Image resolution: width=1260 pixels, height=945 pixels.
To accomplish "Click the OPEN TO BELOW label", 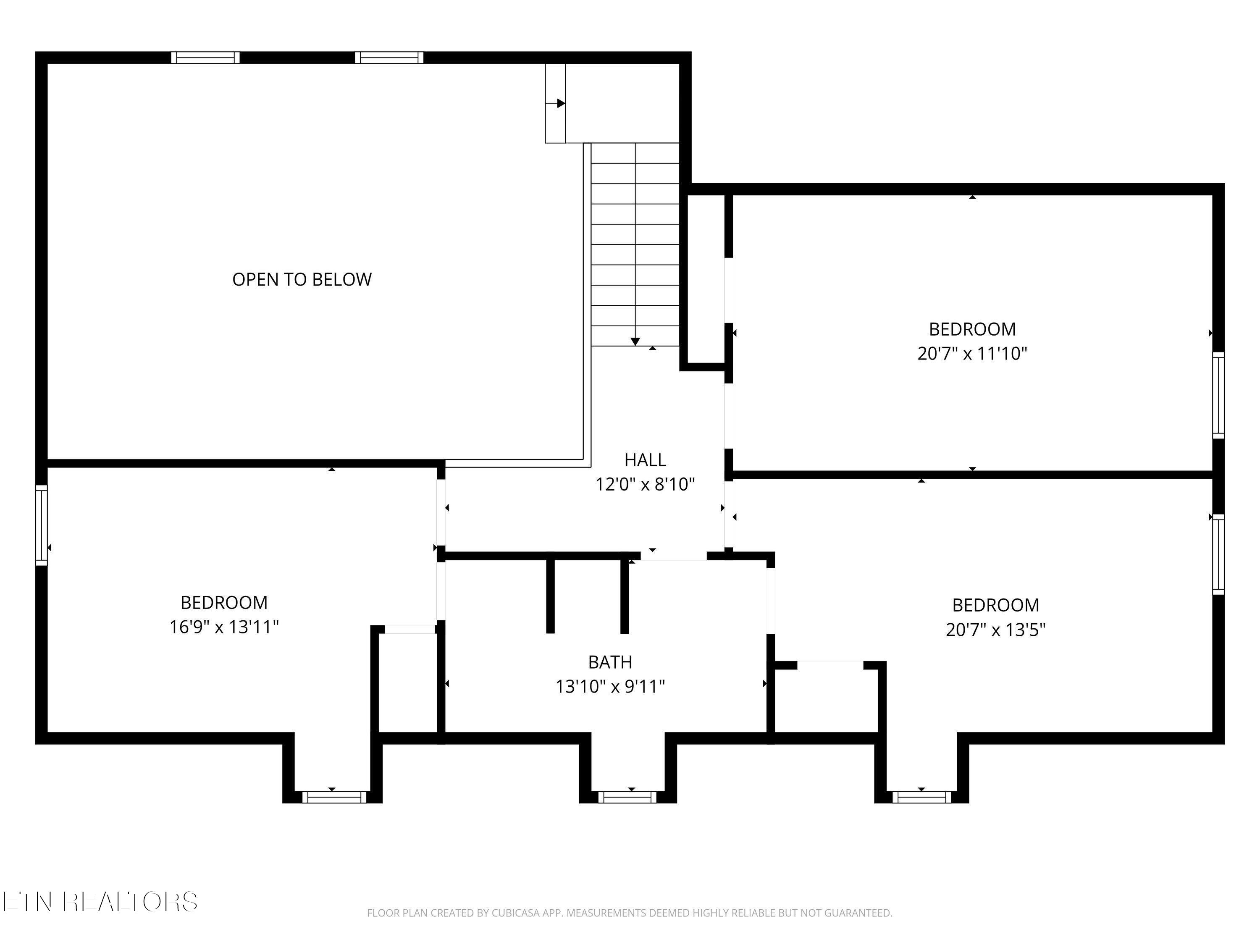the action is click(302, 279).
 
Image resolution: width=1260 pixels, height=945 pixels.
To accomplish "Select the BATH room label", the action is click(610, 662).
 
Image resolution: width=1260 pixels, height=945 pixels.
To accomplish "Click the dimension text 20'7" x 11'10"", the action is click(972, 354).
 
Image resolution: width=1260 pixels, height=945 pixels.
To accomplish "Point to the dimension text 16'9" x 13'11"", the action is click(224, 627).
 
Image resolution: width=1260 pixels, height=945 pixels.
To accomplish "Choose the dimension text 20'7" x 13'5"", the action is click(996, 630).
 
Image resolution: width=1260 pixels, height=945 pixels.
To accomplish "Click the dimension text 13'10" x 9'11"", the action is click(610, 686).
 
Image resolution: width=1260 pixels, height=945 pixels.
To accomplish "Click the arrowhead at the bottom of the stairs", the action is click(635, 342).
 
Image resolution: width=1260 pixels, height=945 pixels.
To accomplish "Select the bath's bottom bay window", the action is click(627, 797).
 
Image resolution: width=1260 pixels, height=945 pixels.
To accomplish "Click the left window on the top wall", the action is click(206, 58).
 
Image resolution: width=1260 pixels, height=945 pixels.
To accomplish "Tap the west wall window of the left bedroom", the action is click(42, 525).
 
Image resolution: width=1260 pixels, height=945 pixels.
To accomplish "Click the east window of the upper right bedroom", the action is click(1218, 395).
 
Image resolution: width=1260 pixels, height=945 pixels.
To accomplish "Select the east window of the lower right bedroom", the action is click(1218, 554).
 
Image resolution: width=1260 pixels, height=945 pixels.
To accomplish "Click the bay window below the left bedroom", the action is click(334, 797).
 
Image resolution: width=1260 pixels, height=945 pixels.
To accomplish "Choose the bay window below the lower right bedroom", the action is click(921, 797).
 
